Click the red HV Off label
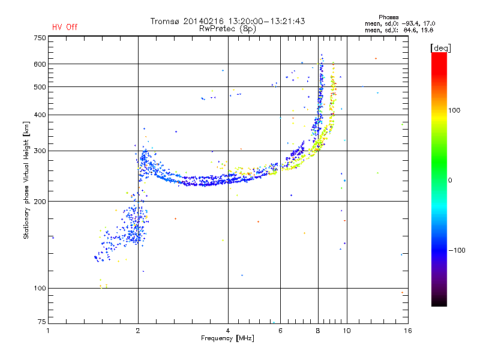click(65, 27)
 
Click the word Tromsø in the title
click(164, 21)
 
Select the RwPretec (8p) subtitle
click(227, 29)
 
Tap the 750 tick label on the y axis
click(40, 38)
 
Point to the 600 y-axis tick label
click(40, 64)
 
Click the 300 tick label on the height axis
click(40, 151)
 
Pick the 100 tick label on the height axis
click(40, 289)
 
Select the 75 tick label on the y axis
click(42, 322)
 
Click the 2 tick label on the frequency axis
click(138, 331)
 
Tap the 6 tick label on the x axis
click(280, 331)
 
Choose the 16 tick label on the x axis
click(408, 331)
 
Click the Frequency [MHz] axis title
click(227, 338)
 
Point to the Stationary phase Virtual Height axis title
click(26, 181)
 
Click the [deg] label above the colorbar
click(440, 48)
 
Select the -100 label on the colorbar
click(457, 250)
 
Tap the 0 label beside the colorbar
click(450, 181)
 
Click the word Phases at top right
click(388, 17)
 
